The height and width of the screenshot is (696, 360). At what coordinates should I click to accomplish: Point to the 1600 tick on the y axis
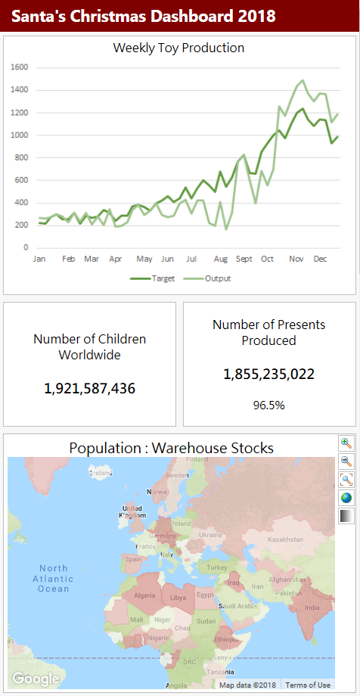[20, 67]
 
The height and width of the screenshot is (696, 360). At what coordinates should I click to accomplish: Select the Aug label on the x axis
[220, 259]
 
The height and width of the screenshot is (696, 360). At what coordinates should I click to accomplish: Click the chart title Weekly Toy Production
[178, 48]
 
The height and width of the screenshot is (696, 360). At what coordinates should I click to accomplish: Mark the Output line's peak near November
[303, 80]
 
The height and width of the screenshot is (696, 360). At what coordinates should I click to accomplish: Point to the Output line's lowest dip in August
[225, 228]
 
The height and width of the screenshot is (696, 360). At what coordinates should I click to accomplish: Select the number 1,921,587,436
[89, 389]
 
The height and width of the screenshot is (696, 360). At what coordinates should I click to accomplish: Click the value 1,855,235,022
[268, 374]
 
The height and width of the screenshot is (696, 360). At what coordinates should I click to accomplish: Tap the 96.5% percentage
[268, 405]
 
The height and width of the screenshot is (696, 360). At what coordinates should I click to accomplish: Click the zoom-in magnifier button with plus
[346, 443]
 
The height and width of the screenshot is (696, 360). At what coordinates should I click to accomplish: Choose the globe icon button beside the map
[346, 498]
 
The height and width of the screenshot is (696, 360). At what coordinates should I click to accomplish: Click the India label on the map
[312, 607]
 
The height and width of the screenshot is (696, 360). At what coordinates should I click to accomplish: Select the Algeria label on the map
[144, 596]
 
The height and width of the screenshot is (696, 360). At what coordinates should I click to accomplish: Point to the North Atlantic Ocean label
[54, 578]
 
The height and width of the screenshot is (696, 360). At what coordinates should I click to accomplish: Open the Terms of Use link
[307, 685]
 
